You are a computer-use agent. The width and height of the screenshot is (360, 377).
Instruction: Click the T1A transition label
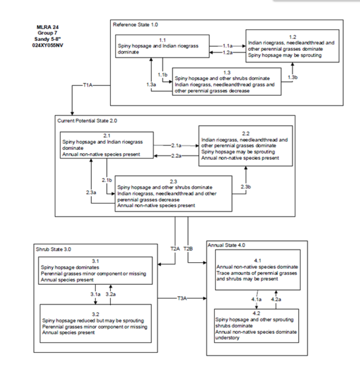click(x=88, y=85)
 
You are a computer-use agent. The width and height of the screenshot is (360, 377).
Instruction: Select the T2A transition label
click(x=175, y=248)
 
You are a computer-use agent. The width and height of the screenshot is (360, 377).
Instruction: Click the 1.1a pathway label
click(x=227, y=46)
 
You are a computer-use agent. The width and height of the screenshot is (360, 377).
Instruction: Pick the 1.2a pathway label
click(x=227, y=53)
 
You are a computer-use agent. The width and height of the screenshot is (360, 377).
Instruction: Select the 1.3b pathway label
click(x=293, y=77)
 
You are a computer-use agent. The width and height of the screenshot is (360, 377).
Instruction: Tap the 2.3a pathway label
click(x=91, y=192)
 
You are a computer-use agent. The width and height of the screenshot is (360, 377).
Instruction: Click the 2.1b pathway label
click(x=107, y=180)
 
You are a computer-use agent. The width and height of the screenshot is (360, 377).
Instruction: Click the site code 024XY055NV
click(x=47, y=45)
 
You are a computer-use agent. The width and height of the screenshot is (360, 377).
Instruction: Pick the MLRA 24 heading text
click(x=47, y=27)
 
